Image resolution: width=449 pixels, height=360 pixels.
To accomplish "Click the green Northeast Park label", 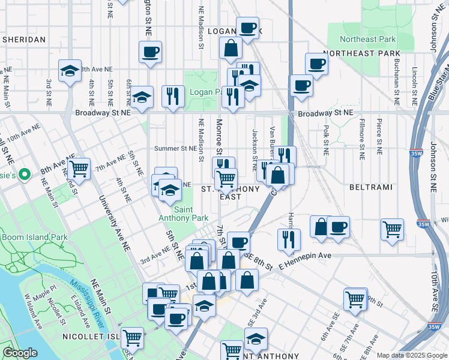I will pos(367,39).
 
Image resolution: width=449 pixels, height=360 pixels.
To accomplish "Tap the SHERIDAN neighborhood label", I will pos(24,39).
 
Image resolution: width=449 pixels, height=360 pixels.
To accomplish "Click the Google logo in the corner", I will pos(20,353).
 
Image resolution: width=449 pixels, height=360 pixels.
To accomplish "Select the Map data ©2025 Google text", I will pos(412,355).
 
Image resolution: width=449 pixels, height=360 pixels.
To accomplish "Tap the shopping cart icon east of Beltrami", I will pos(391,228).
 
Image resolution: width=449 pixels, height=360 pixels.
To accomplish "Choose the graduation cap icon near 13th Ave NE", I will pos(70,70).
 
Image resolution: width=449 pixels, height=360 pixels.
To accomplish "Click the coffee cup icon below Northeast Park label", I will pos(316,64).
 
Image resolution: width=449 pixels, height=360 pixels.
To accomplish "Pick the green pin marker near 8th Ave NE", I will pos(24,175).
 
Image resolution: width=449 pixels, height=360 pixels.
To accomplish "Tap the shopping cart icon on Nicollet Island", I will pos(131,337).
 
